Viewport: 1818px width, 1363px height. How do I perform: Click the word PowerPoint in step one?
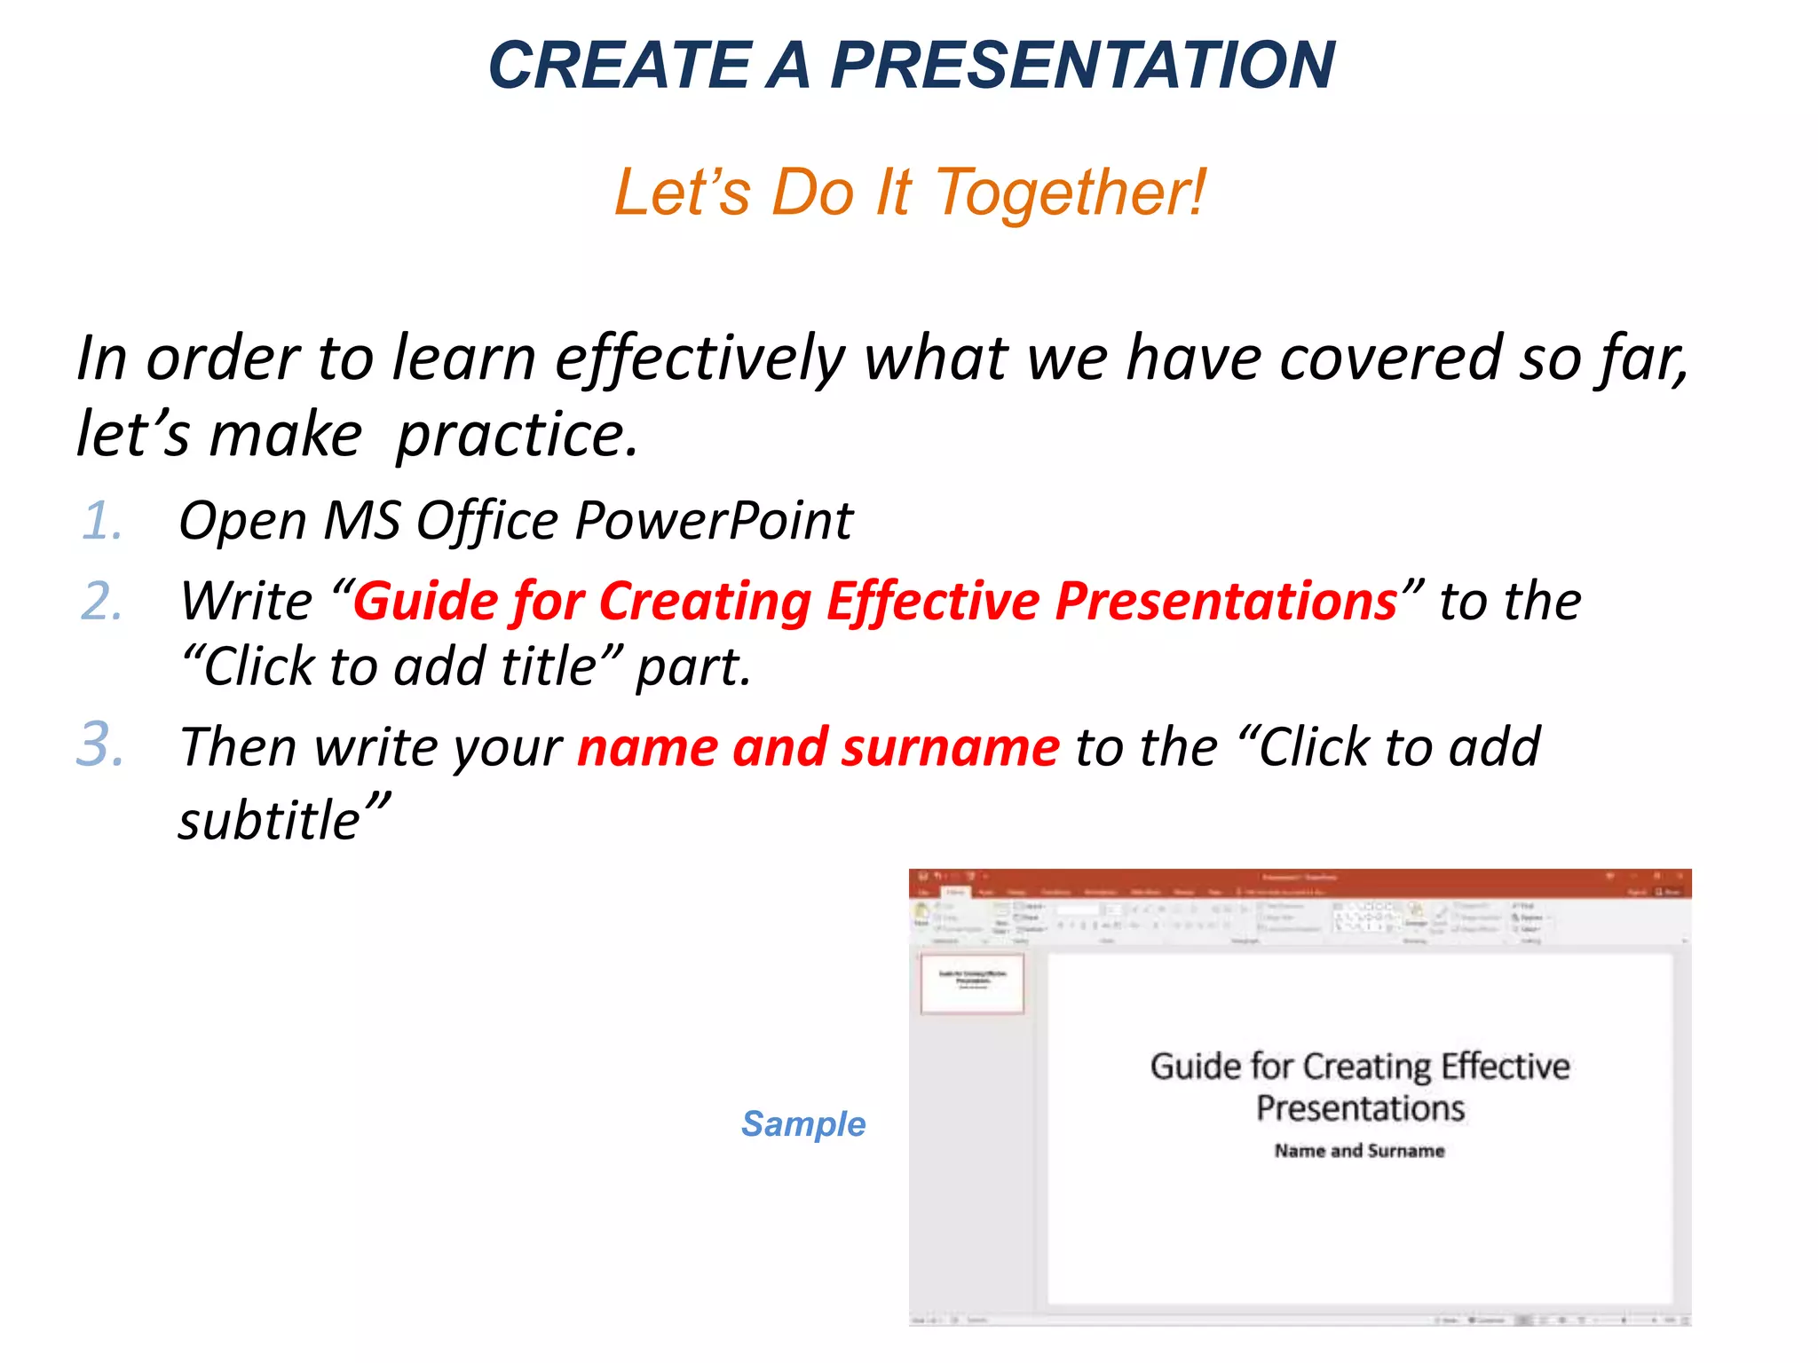(714, 521)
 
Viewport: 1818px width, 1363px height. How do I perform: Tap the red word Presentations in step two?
(1226, 602)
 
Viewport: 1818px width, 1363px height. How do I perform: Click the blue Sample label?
(802, 1124)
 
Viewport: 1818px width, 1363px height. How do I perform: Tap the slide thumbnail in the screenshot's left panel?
(972, 982)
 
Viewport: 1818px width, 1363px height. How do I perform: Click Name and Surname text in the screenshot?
(1359, 1151)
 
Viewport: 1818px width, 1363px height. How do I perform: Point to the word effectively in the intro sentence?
(700, 360)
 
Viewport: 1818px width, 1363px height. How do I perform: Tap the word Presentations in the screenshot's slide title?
(1360, 1109)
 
